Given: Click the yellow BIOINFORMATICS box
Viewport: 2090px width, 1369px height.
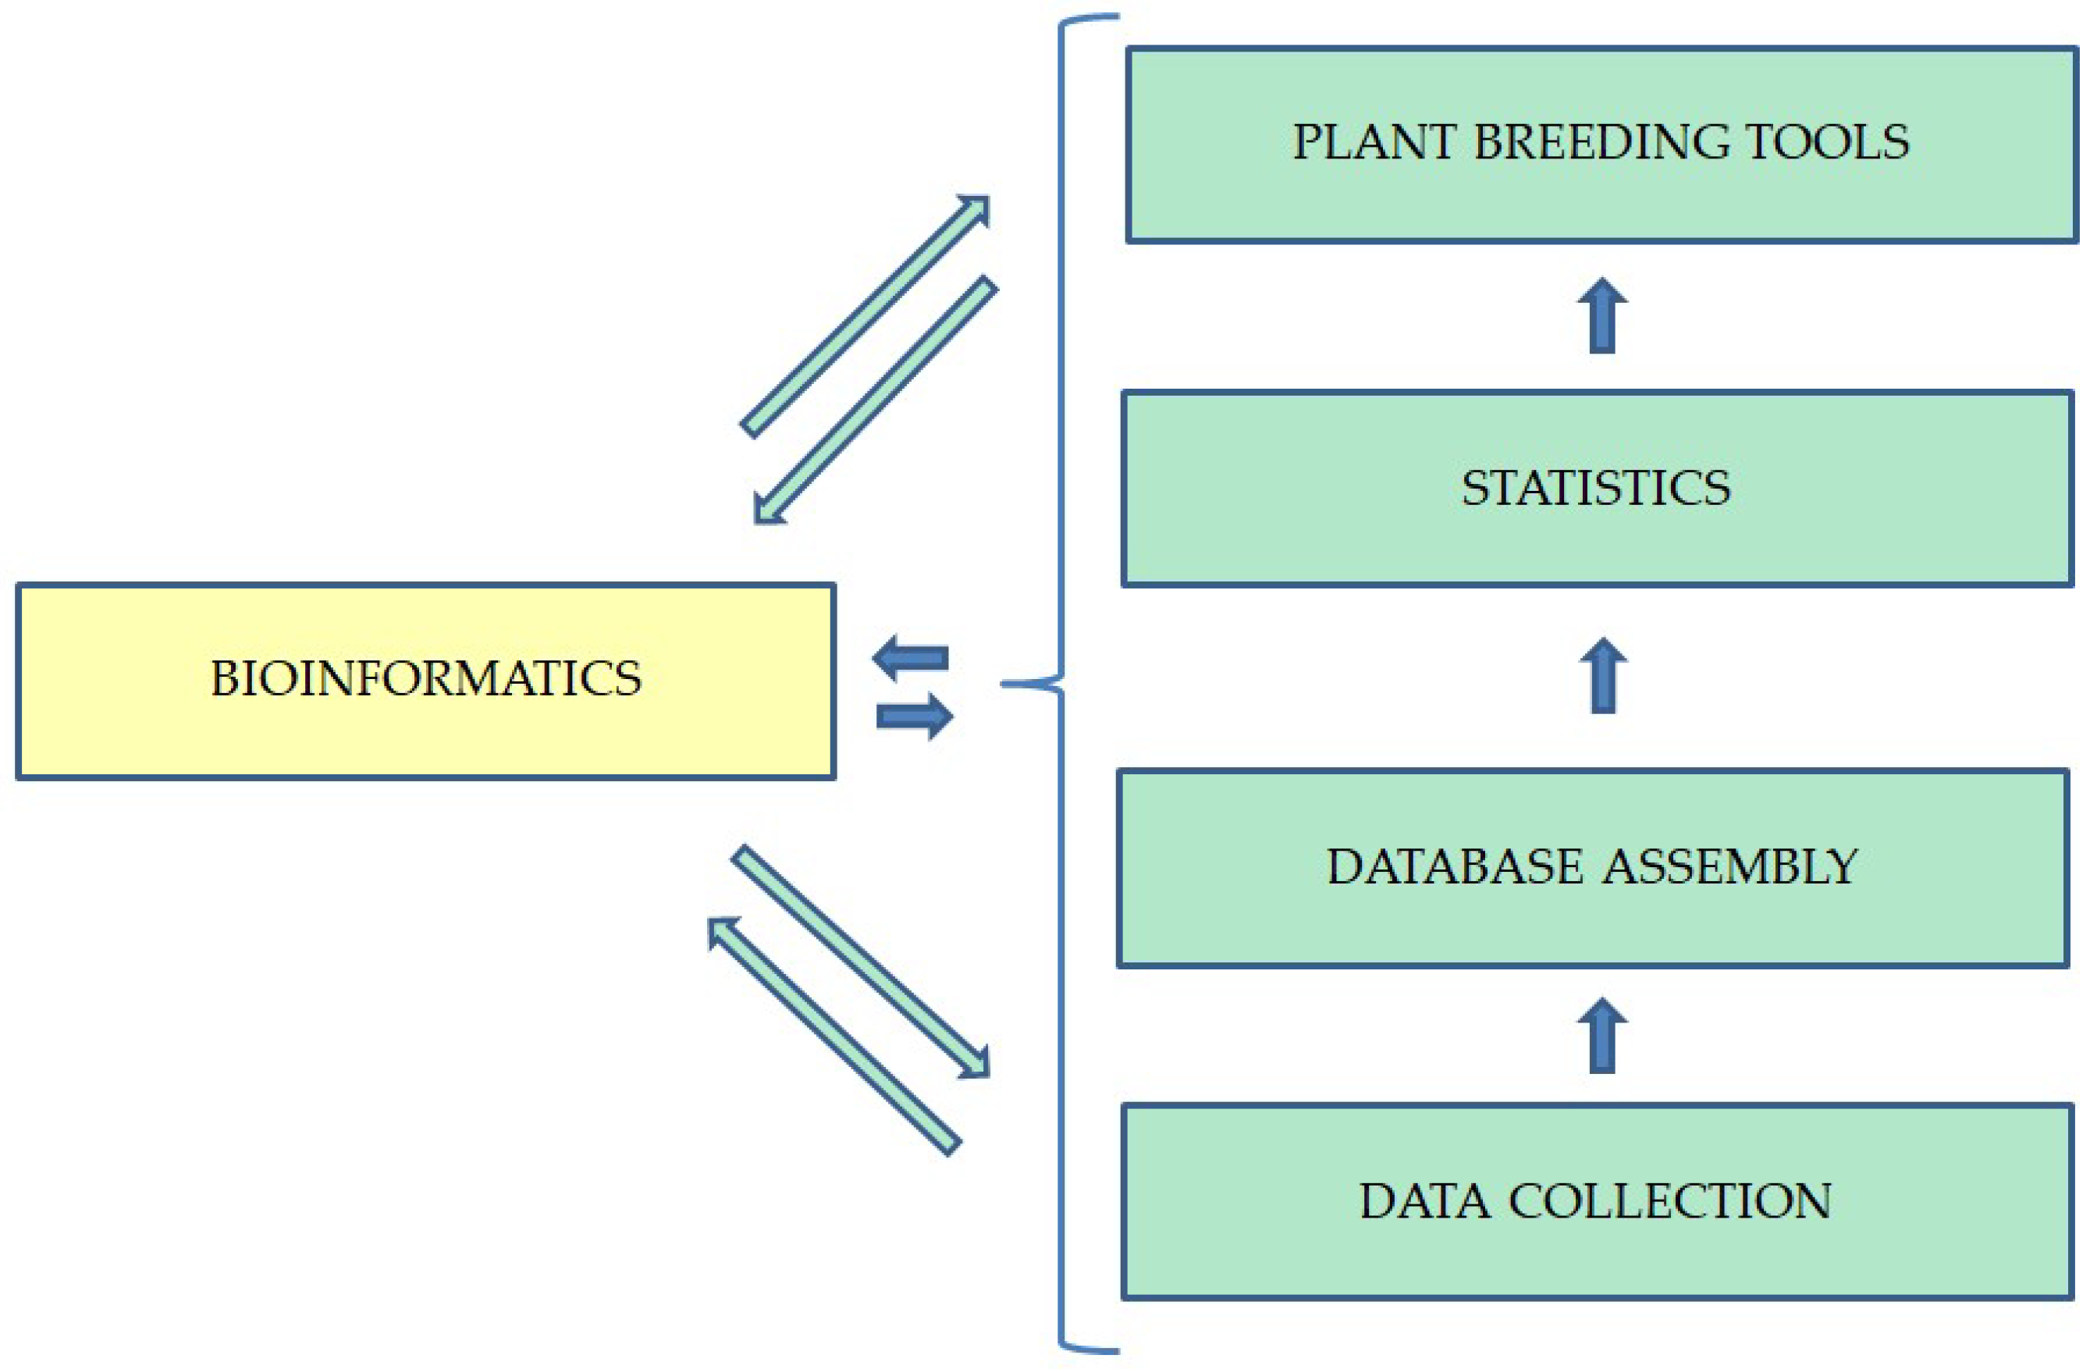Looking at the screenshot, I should tap(425, 681).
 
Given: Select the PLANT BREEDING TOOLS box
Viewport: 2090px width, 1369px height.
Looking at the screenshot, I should tap(1601, 145).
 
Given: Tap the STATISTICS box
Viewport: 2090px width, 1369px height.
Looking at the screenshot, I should tap(1597, 489).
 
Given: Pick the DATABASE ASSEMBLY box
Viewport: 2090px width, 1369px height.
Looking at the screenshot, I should tap(1592, 868).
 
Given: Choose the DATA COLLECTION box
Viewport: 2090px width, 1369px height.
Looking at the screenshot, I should tap(1597, 1201).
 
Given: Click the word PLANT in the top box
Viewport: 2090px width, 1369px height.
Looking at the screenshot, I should tap(1373, 142).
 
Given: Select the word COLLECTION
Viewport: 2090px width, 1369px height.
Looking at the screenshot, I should tap(1669, 1201).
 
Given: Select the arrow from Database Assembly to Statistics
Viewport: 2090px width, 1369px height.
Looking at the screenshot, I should tap(1603, 675).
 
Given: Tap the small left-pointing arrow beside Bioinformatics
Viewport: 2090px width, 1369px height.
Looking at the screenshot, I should tap(911, 658).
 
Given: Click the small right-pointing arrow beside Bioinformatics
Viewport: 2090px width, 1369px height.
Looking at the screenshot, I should tap(915, 717).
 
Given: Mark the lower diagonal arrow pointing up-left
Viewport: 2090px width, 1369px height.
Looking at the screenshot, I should tap(834, 1037).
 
